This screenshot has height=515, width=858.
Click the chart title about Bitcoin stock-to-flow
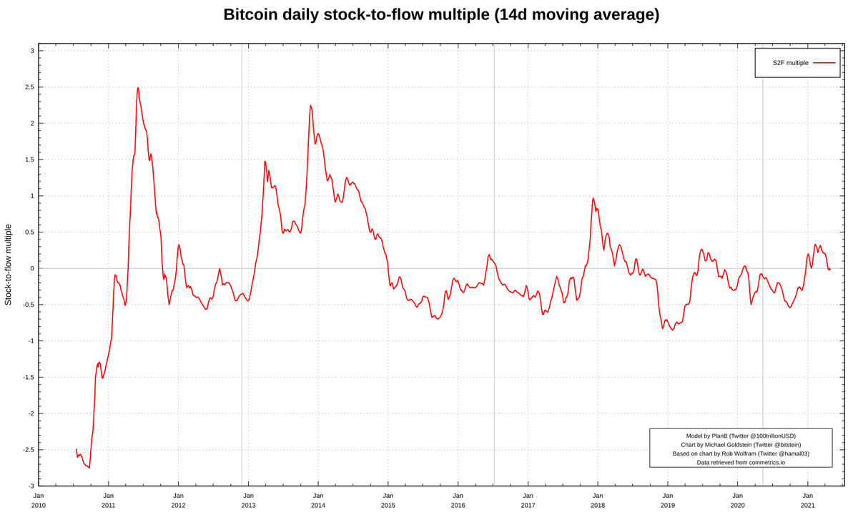(441, 14)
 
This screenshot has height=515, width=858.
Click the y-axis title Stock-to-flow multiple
(9, 265)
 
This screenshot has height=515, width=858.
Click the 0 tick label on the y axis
(31, 268)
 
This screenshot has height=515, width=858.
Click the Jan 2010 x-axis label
(39, 500)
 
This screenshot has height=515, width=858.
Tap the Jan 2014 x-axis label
(318, 500)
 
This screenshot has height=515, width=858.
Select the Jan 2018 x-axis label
(598, 500)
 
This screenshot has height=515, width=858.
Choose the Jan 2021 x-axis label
(807, 500)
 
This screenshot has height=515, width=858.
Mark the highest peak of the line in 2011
(138, 88)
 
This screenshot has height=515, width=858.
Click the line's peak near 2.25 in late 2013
(310, 106)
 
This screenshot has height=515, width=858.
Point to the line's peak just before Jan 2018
(593, 198)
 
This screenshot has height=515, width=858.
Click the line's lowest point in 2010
(89, 468)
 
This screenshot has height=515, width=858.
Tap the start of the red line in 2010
(77, 449)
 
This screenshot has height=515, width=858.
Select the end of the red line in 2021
(829, 269)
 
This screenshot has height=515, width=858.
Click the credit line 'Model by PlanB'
(741, 436)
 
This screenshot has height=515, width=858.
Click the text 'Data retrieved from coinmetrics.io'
(741, 462)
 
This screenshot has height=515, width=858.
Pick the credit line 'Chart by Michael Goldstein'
(741, 445)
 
